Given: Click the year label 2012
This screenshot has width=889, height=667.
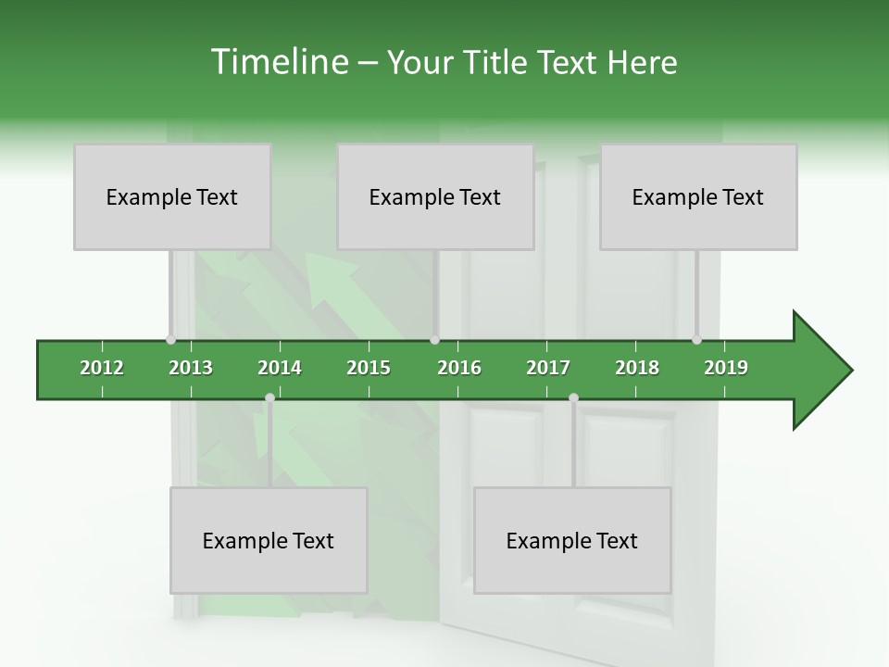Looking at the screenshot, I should [x=102, y=368].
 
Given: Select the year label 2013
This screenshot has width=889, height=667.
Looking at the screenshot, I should [x=191, y=368].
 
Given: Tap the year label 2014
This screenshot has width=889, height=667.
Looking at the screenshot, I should [x=280, y=368].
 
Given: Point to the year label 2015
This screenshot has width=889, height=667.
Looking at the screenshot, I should [x=369, y=368].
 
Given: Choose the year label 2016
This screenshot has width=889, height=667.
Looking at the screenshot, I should [x=459, y=368].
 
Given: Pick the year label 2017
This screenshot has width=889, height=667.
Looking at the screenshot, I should [x=548, y=368].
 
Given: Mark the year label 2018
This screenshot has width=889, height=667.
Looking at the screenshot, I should [x=637, y=368].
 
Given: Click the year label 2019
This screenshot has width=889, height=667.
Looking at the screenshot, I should [x=726, y=368].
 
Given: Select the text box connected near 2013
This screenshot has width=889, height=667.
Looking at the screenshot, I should [x=172, y=196].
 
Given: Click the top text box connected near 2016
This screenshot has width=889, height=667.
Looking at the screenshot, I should [x=435, y=196].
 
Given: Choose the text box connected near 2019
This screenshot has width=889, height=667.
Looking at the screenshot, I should [x=698, y=196].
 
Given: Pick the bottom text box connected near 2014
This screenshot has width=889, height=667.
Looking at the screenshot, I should [x=269, y=540].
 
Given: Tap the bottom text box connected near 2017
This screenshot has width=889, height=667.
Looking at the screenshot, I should [x=572, y=540].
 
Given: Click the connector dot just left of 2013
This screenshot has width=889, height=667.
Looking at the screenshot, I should [x=170, y=340].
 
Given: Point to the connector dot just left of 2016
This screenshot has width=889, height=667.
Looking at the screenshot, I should [x=435, y=340].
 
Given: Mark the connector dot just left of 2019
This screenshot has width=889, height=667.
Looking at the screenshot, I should [x=696, y=340].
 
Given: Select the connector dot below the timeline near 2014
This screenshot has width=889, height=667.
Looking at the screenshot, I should [x=269, y=398].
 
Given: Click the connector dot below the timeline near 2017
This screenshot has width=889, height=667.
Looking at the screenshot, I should [x=573, y=398].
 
